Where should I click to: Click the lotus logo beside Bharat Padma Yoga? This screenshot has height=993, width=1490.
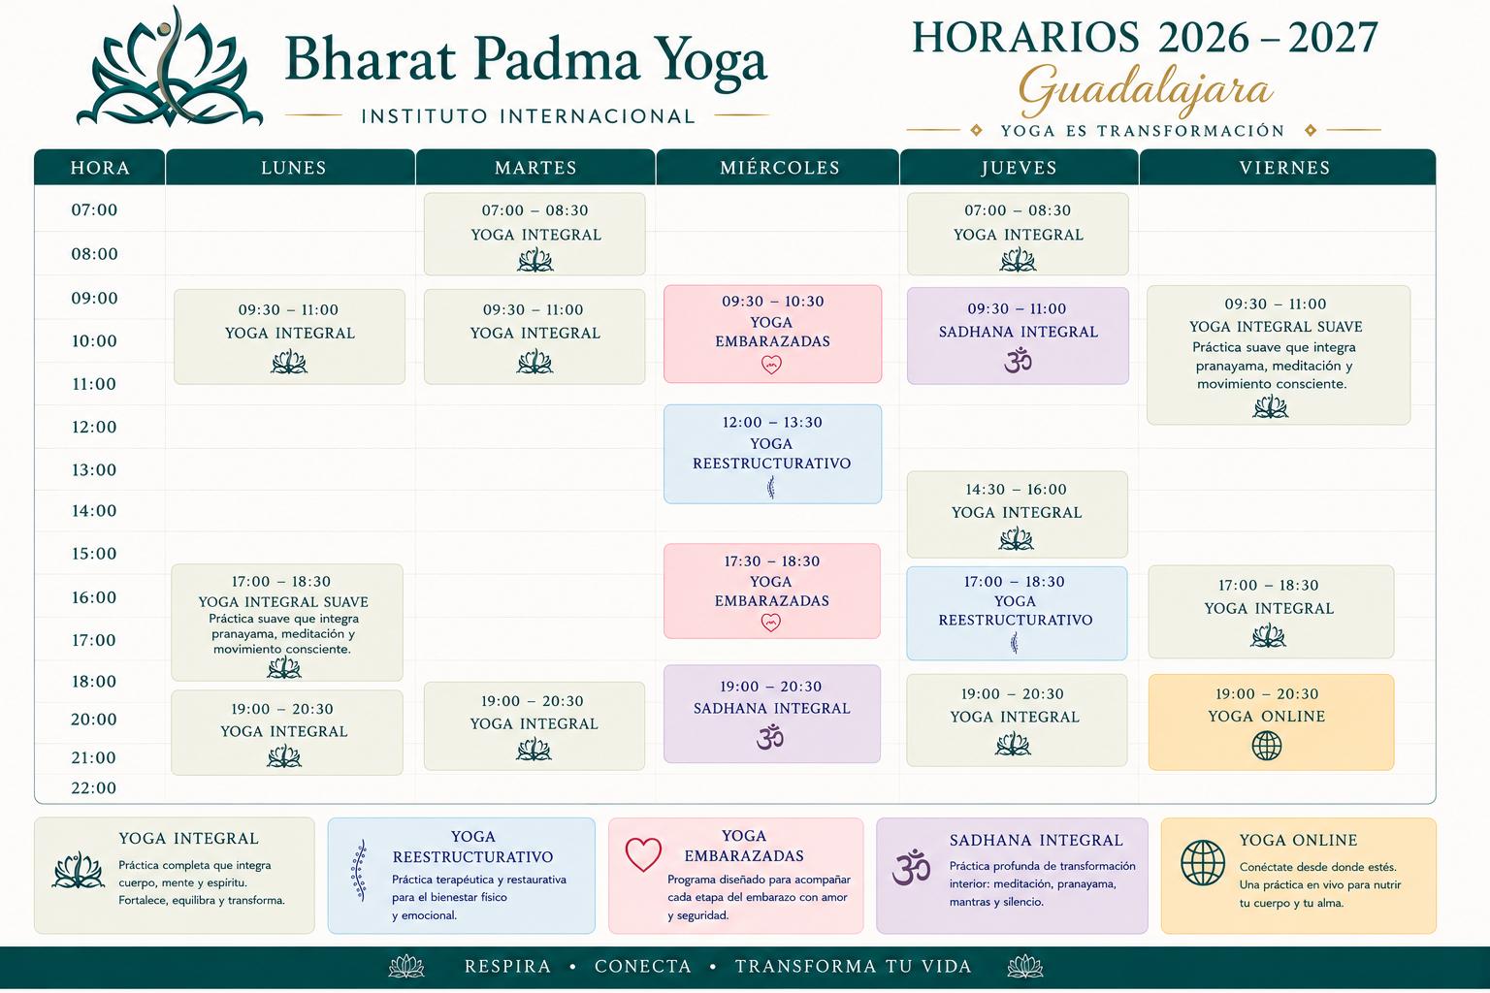[170, 67]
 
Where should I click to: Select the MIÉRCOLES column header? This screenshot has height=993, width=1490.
[780, 168]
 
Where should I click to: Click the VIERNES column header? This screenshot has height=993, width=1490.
[1284, 168]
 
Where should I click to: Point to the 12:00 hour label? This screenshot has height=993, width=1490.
[94, 427]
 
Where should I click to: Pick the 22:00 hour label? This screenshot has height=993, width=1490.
[94, 787]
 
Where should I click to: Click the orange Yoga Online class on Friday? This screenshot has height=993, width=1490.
[1271, 722]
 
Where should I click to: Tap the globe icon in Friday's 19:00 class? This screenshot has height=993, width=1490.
[1267, 746]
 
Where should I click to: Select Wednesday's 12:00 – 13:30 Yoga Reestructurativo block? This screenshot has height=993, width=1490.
[772, 454]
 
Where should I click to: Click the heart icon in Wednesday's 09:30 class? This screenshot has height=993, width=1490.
[771, 365]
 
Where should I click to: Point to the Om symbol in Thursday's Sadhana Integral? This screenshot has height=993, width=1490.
[1018, 361]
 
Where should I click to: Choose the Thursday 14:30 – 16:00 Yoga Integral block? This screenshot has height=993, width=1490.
[1017, 514]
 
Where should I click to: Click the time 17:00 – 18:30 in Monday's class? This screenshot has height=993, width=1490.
[280, 581]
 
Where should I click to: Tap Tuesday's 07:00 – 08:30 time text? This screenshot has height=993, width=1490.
[534, 210]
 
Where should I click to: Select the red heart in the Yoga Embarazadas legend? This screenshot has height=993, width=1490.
[643, 854]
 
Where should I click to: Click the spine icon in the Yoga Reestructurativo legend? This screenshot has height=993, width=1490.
[360, 870]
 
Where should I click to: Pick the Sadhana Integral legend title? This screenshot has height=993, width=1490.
[1036, 840]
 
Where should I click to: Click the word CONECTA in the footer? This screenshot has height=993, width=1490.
[642, 966]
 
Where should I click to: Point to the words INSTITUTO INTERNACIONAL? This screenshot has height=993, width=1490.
[528, 116]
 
